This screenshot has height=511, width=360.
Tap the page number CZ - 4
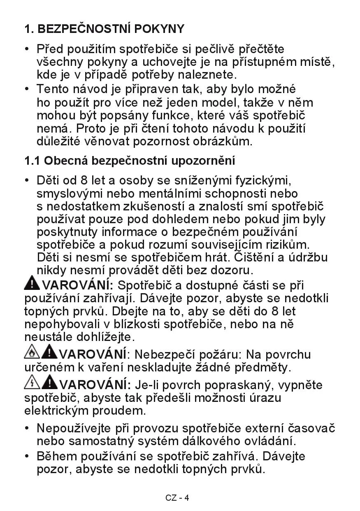tap(177, 497)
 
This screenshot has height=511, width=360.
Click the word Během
tap(57, 456)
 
